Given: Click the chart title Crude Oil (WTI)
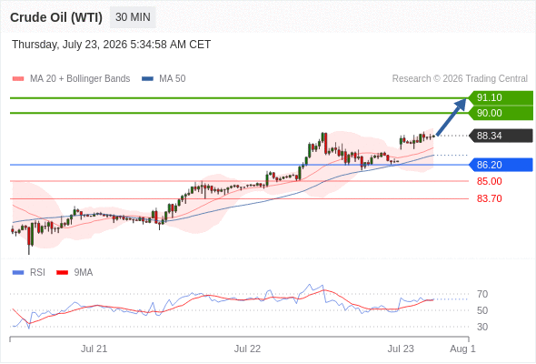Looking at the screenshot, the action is pos(56,17).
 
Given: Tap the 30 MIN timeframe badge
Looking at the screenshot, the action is pos(133,17).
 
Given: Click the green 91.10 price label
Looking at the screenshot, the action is pos(501,97).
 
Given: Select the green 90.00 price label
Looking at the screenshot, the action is pos(501,113).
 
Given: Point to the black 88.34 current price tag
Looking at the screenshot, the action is pos(501,136).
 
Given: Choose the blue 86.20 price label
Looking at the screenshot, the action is pos(501,165).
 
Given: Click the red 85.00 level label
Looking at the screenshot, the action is pos(489,181).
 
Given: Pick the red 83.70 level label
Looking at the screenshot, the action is pos(489,198).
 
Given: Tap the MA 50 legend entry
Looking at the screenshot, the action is pos(164,79).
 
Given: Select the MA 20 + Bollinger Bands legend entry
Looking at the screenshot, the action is pos(71,79).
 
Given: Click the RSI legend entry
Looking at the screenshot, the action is pos(29,272).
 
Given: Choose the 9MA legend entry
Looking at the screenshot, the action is pos(74,272).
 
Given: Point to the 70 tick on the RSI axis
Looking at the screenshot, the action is pos(482,294).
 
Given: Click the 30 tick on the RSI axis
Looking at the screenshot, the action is pos(482,327).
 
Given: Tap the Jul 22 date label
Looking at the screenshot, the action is pos(247,349).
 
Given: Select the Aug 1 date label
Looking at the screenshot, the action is pos(462,349).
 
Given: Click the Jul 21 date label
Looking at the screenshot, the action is pos(94,349).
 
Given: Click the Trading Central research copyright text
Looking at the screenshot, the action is pos(460,79).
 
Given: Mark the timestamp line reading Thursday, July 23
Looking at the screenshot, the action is pos(112,45).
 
